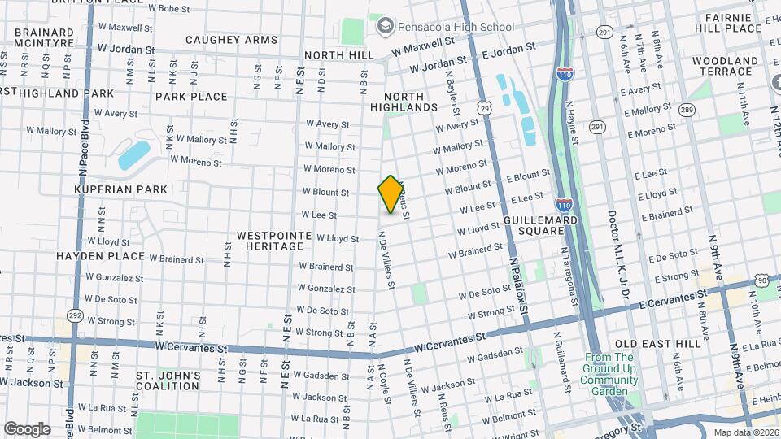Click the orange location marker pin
[x=390, y=194]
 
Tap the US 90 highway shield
[x=761, y=280]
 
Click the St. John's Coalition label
[x=168, y=380]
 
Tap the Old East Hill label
[x=657, y=344]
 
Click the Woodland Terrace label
[x=726, y=66]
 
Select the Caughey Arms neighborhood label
[x=231, y=40]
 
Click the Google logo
[x=27, y=428]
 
